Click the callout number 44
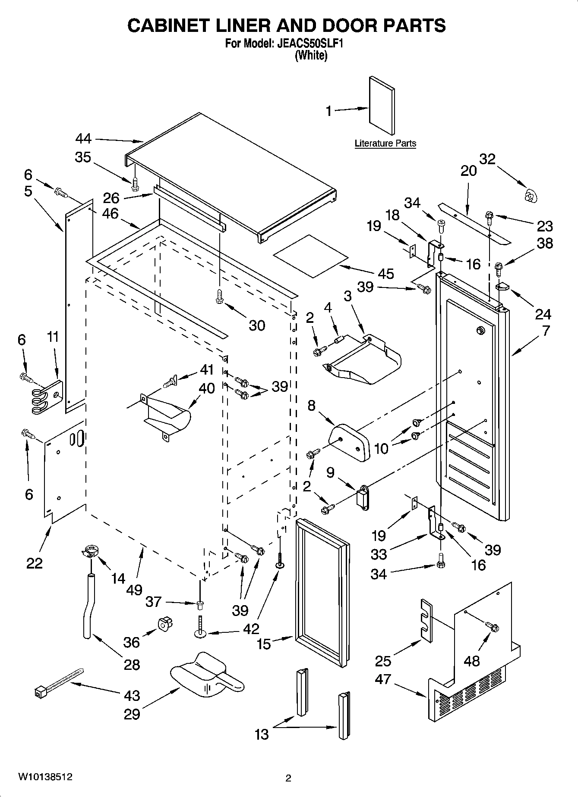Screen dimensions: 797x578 [x=84, y=138]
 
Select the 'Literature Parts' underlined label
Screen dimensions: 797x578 [x=385, y=144]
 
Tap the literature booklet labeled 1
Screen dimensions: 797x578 [x=382, y=106]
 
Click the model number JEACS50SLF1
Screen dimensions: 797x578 [x=312, y=44]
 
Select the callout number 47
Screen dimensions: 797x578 [x=383, y=679]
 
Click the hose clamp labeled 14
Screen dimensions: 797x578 [x=89, y=551]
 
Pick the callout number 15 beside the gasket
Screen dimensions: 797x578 [x=264, y=644]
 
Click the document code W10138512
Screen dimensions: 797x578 [x=45, y=777]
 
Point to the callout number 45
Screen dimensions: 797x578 [x=385, y=273]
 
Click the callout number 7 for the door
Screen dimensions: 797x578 [x=546, y=331]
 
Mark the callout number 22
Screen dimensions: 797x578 [x=35, y=563]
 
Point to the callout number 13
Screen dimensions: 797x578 [x=262, y=734]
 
